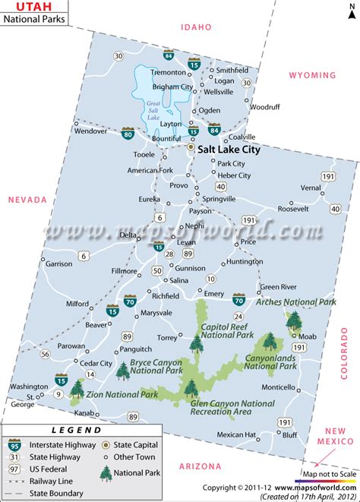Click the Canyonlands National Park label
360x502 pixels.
coord(270,362)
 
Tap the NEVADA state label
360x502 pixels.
coord(27,200)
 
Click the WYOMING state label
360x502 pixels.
coord(311,75)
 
